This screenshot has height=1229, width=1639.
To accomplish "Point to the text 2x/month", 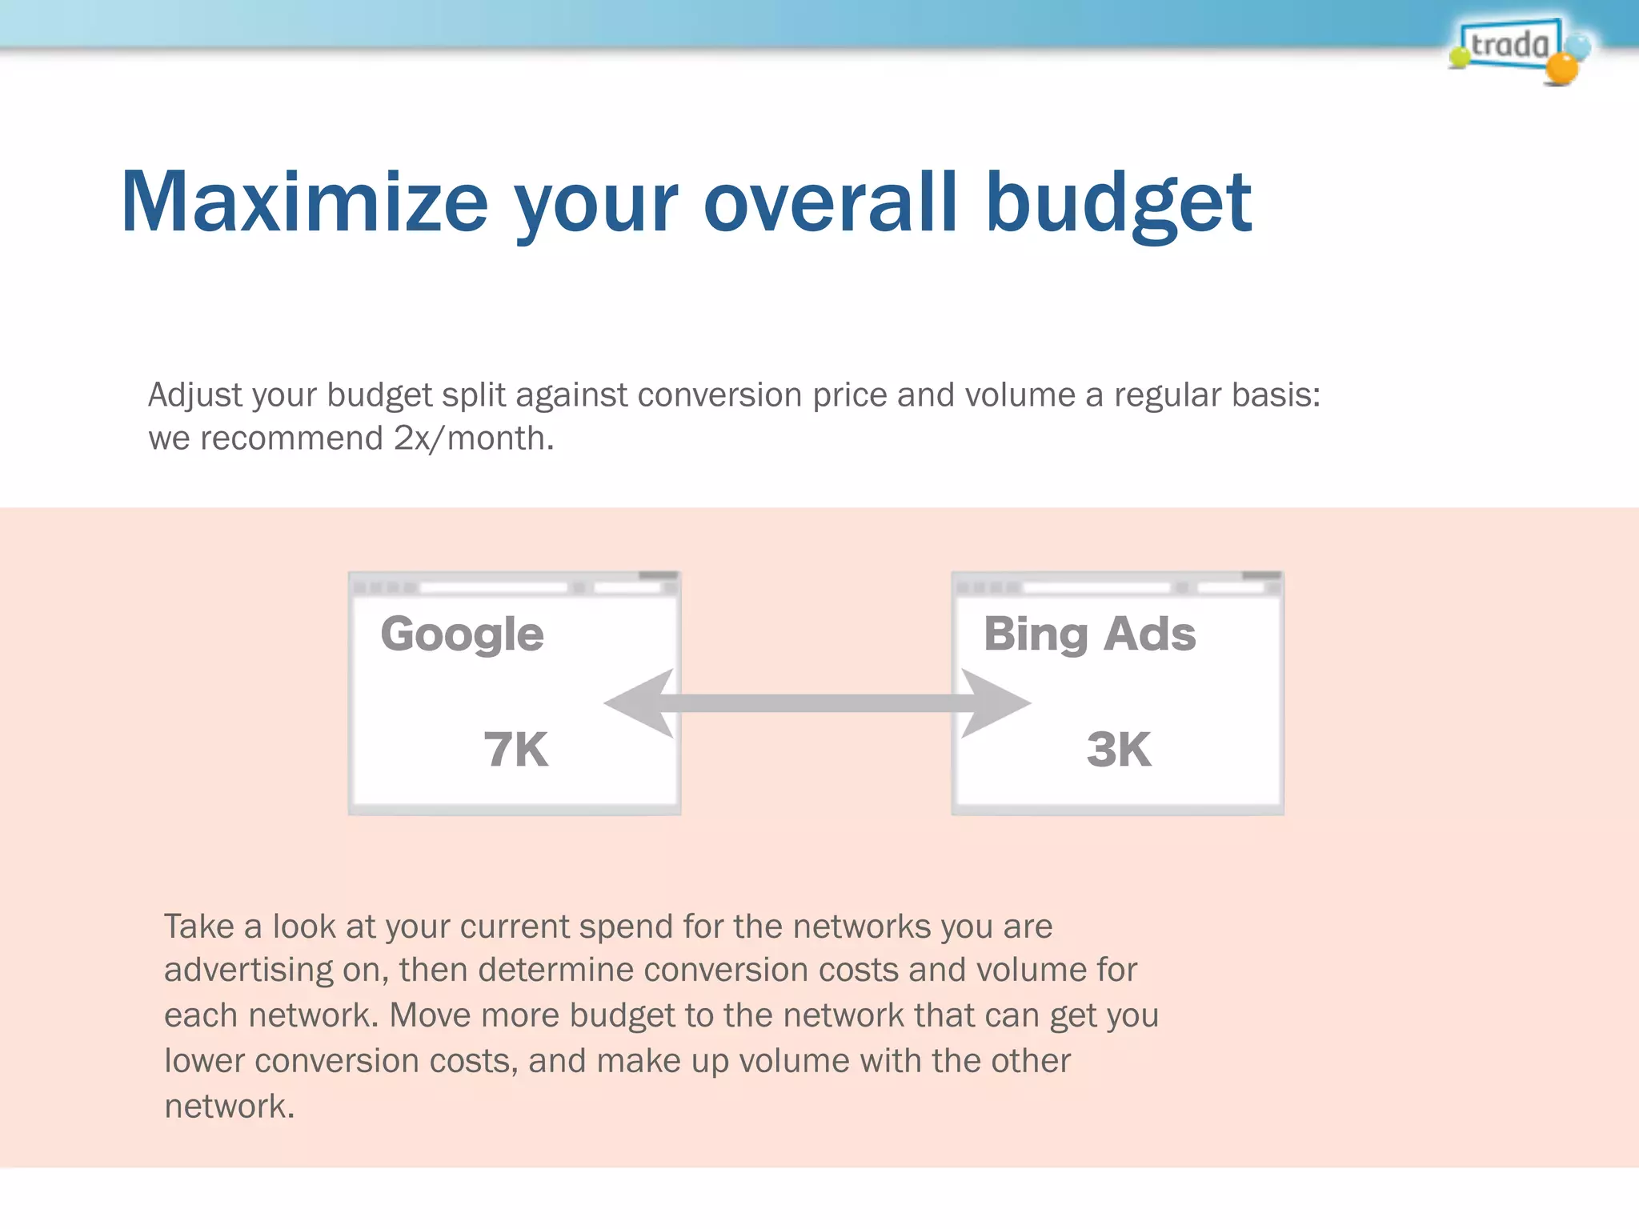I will coord(473,438).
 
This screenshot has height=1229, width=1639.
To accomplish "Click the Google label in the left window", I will coord(462,635).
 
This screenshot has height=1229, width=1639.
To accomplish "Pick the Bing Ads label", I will coord(1089,635).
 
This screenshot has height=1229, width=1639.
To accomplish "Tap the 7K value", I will coord(515,750).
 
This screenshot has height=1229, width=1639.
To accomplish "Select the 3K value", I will coord(1119,750).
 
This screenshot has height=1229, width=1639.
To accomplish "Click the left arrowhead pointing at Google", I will coord(640,703).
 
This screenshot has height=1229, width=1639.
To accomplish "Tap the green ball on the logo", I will coord(1460,56).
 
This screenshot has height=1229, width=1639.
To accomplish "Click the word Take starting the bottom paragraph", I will coord(199,927).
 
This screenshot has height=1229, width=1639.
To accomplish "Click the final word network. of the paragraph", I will coord(230,1107).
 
